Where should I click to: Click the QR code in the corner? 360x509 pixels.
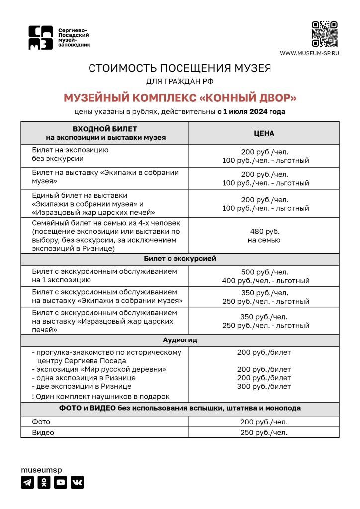(324, 34)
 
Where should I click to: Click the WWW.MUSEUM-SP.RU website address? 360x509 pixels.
(309, 53)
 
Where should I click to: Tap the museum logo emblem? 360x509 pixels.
(40, 38)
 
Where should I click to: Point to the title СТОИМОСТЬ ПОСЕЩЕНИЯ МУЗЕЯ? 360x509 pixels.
(180, 68)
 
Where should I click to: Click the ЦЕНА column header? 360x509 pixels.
(264, 133)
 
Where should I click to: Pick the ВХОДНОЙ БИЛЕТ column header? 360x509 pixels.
(105, 133)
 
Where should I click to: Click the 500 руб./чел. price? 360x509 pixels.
(264, 272)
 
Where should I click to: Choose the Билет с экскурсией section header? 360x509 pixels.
(180, 259)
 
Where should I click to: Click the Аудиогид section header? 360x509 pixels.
(180, 340)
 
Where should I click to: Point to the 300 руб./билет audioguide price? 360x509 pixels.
(264, 386)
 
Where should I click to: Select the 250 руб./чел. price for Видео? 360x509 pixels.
(264, 432)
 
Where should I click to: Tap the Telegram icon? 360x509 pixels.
(27, 482)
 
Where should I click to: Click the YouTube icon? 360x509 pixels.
(60, 482)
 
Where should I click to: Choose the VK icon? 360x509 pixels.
(77, 482)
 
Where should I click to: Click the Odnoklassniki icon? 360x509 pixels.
(44, 482)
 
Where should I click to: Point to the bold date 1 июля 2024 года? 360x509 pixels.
(254, 112)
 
